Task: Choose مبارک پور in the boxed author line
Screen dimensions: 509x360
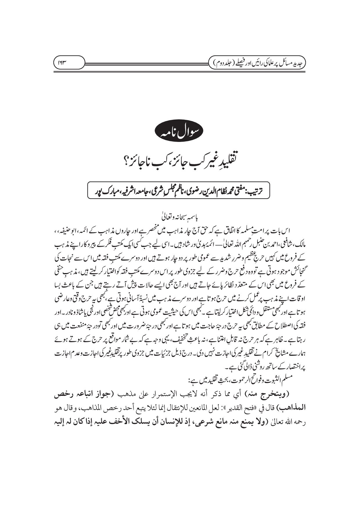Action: (x=106, y=191)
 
